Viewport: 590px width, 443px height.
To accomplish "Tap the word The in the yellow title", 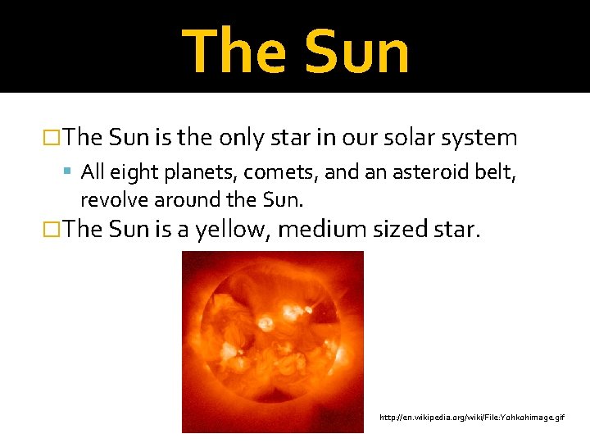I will tap(232, 53).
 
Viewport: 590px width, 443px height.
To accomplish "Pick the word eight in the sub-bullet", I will tap(129, 173).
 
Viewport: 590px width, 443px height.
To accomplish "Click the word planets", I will tap(190, 174).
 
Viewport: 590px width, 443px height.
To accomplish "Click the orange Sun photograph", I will tap(272, 341).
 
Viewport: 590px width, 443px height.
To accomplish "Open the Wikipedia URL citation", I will tap(471, 418).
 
